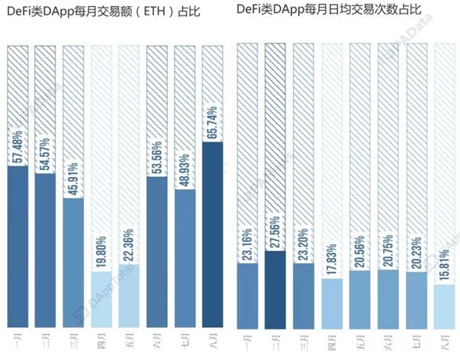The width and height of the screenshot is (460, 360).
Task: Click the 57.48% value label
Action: [x=18, y=143]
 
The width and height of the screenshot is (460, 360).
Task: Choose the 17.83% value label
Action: [x=333, y=257]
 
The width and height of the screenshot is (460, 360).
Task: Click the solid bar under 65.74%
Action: [x=213, y=236]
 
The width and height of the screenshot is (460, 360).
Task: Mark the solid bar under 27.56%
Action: [x=277, y=290]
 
